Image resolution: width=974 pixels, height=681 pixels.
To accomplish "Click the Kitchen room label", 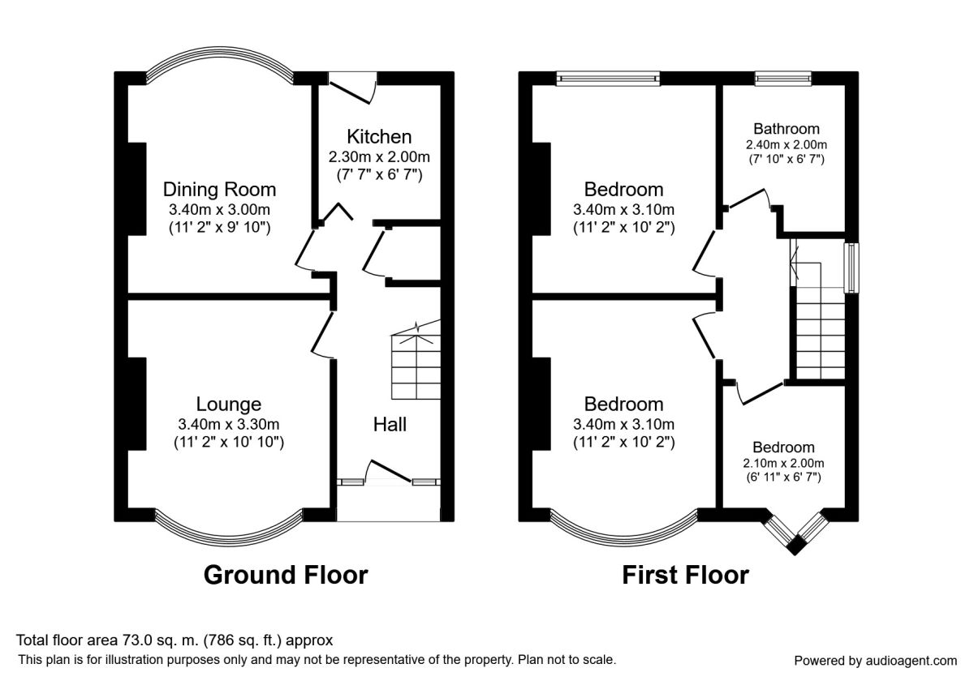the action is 379,137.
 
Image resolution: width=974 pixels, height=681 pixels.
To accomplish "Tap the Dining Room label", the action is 219,190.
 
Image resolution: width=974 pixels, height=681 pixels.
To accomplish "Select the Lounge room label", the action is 229,404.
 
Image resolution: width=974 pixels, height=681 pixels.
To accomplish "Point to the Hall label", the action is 390,424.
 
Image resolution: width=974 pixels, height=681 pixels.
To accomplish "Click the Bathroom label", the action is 786,129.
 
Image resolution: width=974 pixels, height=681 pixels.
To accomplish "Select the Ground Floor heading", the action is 285,575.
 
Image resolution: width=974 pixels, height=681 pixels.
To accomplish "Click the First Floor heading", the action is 685,575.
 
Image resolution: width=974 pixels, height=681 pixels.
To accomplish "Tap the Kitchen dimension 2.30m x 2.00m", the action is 379,156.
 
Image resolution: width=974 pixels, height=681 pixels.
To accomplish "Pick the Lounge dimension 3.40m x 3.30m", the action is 229,424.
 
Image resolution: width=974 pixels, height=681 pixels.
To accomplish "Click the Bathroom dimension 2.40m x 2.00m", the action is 786,145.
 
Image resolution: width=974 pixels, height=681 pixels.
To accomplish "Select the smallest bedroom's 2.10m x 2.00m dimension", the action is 783,464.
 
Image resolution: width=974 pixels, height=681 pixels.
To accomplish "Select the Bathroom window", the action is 783,78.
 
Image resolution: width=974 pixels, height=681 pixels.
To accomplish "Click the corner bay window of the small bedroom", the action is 796,532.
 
